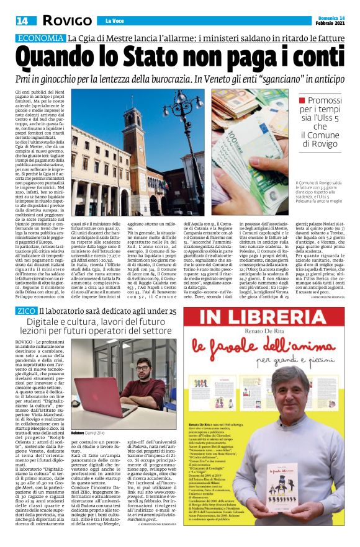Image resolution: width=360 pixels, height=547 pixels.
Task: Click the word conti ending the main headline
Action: pos(313,58)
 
